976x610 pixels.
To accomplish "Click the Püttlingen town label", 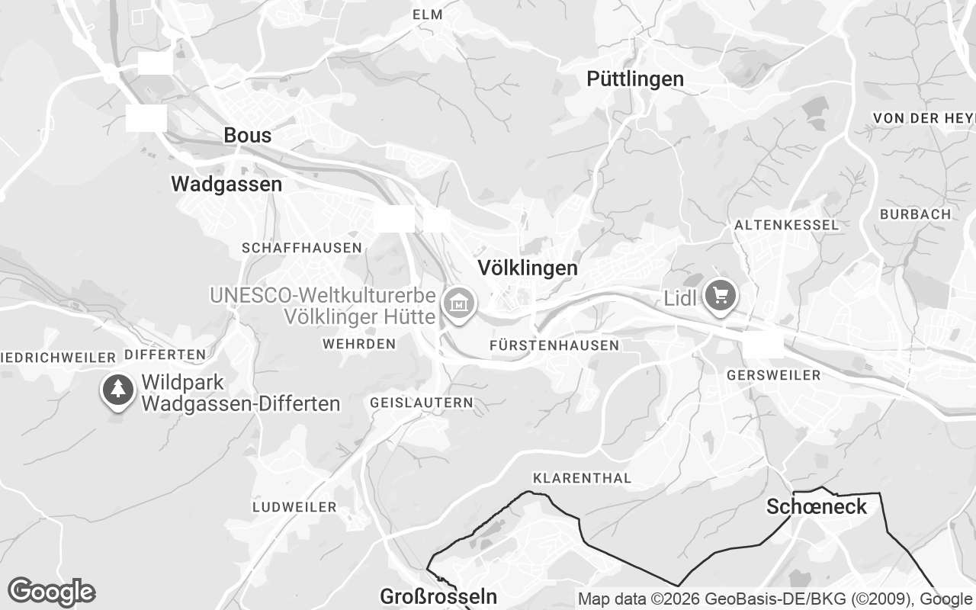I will coord(635,79).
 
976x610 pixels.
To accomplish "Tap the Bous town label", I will coord(247,136).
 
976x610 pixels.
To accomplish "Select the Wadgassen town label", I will coord(226,185).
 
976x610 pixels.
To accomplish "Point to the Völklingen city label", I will coord(528,268).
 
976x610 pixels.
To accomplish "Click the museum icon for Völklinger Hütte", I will coord(459,304).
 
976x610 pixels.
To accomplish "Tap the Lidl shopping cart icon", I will coord(720,295).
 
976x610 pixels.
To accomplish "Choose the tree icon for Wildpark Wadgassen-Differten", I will coord(117,390).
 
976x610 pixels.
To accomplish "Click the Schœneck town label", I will coord(817,507).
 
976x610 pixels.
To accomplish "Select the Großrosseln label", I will coord(438,596).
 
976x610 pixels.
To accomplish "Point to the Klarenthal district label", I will coord(583,479).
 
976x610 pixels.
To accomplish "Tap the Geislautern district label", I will coord(421,403).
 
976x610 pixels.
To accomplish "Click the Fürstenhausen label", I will coord(554,346).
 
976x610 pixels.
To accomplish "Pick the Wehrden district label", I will coord(359,345).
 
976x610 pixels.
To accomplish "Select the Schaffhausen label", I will coord(301,248).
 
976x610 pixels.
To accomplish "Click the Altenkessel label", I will coord(786,226).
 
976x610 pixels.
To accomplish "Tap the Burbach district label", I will coord(915,215).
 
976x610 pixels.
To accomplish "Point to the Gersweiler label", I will coord(774,376).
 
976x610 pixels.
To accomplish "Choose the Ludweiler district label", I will coord(294,507).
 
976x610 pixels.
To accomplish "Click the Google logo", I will coord(51,592).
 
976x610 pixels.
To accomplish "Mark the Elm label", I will coord(427,15).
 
